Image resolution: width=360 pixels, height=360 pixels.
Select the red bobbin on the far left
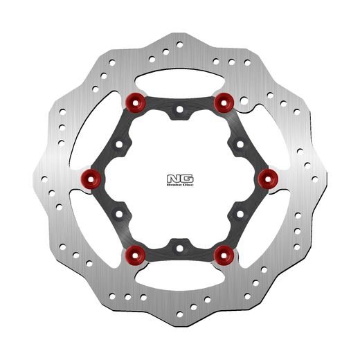pos(91,179)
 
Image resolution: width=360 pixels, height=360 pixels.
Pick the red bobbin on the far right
pos(267,179)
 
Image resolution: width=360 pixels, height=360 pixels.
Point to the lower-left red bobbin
pos(134,255)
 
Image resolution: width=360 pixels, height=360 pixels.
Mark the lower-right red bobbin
pos(222,255)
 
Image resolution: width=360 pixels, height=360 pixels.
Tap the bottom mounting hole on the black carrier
pos(179,246)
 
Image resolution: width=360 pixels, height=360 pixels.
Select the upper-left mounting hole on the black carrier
pos(119,144)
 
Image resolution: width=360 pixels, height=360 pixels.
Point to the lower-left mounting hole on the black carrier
pos(119,212)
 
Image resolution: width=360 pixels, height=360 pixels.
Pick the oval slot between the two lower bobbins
pos(179,280)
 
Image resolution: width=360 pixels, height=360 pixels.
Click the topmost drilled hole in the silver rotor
pos(179,44)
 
